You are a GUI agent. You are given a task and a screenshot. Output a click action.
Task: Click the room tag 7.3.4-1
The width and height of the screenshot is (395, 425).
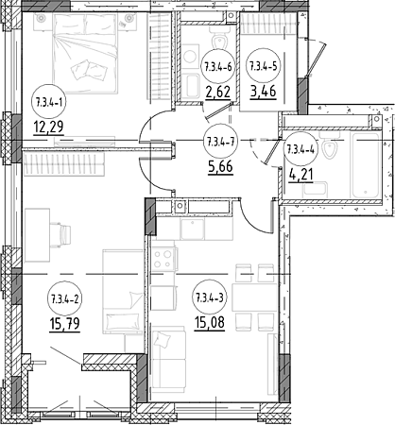49,102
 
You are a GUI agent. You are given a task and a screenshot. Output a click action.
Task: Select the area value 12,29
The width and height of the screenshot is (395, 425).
48,127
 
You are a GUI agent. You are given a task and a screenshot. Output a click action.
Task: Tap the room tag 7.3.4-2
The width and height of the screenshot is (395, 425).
64,298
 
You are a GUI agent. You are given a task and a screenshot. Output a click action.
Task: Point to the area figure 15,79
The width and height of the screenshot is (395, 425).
64,324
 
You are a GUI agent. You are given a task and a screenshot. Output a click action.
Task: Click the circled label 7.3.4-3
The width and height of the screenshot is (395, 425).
210,297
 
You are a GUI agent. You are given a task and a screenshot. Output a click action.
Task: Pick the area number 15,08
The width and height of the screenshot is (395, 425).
210,322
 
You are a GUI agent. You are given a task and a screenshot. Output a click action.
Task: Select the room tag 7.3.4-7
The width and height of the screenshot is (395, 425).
220,141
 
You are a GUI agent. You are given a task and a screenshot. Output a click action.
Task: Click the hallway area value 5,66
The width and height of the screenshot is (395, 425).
220,166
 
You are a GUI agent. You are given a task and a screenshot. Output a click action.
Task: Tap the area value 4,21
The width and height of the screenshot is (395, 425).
301,175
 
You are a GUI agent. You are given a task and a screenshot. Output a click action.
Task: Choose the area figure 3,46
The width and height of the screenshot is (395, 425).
264,92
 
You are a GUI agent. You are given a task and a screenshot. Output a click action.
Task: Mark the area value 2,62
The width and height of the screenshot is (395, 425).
218,92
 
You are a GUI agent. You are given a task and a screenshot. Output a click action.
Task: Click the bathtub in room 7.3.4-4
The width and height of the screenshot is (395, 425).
366,165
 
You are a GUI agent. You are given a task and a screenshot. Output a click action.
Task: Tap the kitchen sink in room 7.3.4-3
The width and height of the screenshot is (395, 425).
192,229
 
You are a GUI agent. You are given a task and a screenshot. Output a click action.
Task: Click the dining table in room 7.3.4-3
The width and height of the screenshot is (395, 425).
254,297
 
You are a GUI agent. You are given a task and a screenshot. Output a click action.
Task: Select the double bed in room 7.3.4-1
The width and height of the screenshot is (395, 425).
85,54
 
